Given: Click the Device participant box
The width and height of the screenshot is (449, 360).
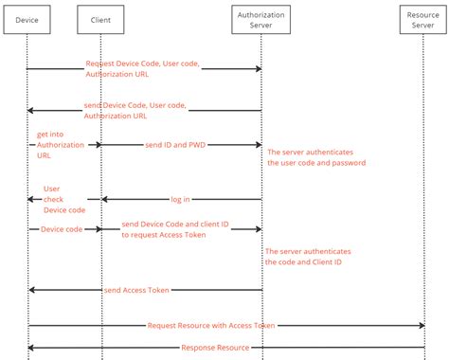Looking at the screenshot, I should coord(27,19).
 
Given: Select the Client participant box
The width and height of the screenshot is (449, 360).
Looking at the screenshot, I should coord(100,19).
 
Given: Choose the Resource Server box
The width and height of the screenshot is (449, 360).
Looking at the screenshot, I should coord(424,19).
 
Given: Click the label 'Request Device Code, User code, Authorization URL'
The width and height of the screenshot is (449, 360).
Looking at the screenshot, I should coord(143,68).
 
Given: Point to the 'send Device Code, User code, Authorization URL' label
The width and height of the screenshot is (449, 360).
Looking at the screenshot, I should coord(135,111).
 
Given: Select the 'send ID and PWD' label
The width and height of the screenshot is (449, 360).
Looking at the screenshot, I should coord(176,145).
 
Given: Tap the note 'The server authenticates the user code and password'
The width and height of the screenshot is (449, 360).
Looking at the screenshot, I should coord(315,157).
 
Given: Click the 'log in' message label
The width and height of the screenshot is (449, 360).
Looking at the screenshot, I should coord(180,200).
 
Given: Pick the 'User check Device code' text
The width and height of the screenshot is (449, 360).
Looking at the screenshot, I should coord(64,199).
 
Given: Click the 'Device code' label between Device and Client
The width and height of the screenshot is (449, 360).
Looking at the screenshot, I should coord(60,228).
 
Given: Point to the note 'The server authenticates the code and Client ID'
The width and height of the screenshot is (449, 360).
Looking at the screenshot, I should coord(309,257).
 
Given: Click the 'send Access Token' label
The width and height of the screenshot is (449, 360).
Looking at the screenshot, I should coord(143,289).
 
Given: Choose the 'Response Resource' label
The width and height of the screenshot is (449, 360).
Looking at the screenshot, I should coord(214,348).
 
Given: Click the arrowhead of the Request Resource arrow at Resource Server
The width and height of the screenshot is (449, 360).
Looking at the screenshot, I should coord(421,325).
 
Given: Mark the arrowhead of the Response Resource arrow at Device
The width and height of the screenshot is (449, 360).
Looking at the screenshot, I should coord(31,348).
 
